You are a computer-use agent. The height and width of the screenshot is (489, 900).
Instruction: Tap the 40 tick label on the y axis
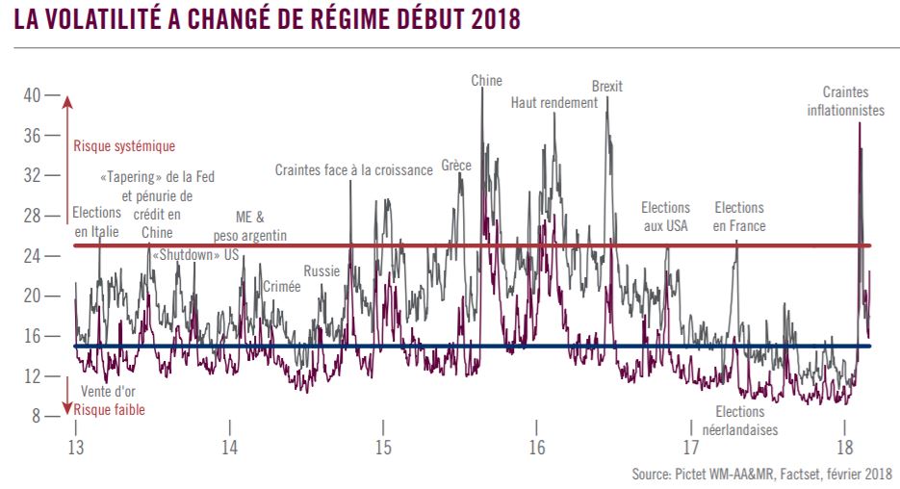32,95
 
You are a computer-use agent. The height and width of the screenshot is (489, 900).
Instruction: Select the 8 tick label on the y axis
37,416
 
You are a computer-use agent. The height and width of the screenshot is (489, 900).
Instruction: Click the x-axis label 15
383,447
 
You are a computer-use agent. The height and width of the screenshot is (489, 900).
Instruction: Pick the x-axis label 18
845,447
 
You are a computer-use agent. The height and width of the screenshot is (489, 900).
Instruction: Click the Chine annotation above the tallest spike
487,80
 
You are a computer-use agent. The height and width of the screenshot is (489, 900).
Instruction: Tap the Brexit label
607,86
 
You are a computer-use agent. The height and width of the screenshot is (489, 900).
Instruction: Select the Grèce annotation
456,166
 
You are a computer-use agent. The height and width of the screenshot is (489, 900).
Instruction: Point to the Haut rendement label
554,103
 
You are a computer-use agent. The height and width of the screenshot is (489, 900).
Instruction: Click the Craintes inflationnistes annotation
846,101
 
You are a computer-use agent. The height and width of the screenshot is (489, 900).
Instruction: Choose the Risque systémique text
124,146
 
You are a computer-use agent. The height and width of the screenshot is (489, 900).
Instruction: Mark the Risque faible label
110,410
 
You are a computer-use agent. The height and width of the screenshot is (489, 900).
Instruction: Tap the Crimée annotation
282,287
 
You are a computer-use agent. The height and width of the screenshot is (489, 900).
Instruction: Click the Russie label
322,270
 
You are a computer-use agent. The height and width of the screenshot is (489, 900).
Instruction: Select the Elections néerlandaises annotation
740,421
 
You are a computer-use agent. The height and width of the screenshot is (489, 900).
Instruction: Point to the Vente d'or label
108,392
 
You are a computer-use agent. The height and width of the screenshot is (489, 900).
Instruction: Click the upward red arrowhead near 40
67,102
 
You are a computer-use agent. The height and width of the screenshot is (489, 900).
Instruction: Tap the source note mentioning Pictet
762,474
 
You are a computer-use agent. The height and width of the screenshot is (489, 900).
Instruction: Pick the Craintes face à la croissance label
353,169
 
